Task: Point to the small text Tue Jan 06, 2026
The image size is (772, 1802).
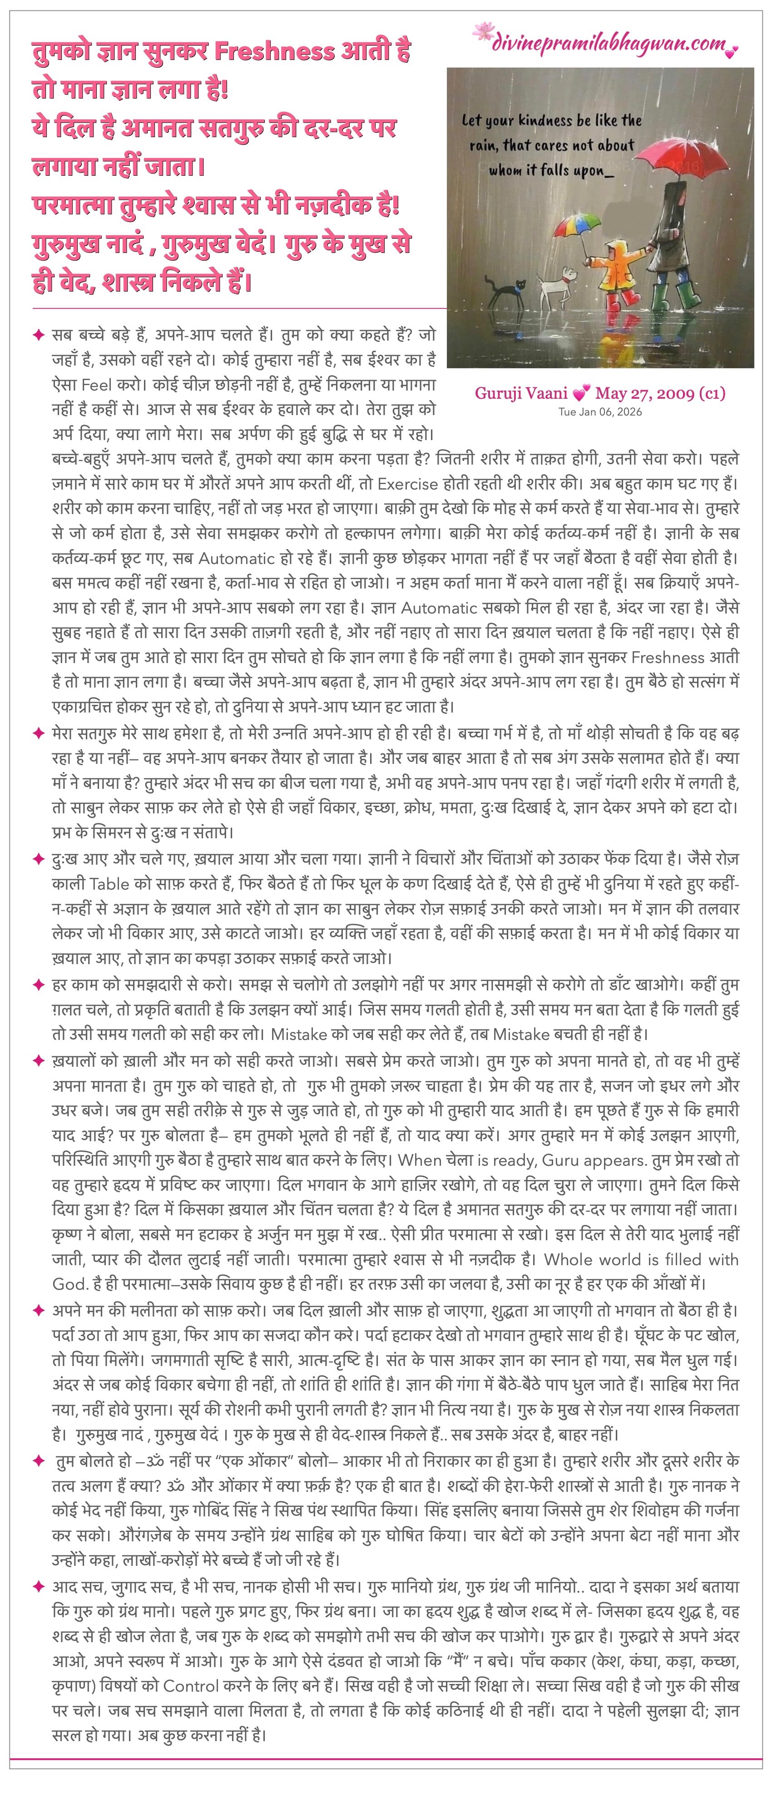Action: point(600,411)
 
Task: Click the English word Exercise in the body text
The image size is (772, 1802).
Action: point(408,483)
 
